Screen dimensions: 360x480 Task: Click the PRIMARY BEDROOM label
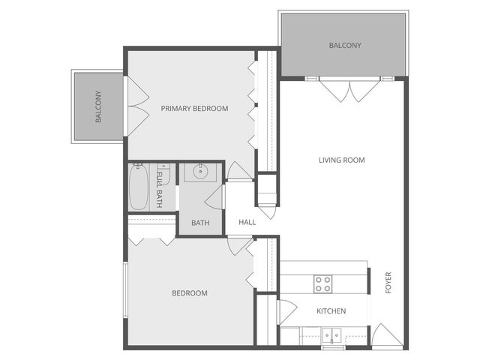pos(194,109)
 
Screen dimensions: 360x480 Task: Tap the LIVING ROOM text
pos(341,160)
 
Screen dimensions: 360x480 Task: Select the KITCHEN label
pos(331,311)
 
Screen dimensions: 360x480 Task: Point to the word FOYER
pos(388,283)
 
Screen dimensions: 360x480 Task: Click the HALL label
pos(247,223)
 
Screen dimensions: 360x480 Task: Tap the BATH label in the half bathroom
pos(200,223)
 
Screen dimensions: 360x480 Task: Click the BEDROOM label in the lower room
pos(190,293)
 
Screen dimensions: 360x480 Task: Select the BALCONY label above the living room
pos(345,46)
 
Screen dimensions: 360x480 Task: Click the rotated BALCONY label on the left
pos(98,107)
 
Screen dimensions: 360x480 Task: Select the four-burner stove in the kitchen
pos(322,283)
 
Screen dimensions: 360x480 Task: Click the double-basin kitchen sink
pos(331,334)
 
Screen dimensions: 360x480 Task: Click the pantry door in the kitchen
pos(286,310)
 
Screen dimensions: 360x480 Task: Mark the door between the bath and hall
pos(218,198)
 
